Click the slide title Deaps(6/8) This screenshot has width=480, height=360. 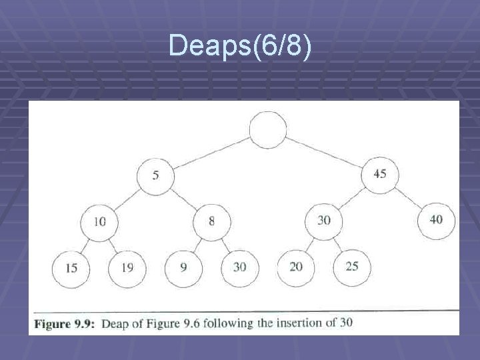[x=239, y=46]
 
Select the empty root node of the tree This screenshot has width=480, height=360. [x=268, y=129]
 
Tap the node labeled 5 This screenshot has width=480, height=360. [x=155, y=176]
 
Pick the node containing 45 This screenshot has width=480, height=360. [x=380, y=175]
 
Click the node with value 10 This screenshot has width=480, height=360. [x=99, y=222]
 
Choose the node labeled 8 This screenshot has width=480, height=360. [x=211, y=221]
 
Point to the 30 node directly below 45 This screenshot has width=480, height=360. [x=324, y=221]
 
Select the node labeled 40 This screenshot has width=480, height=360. [x=436, y=220]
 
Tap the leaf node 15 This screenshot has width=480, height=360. [x=71, y=268]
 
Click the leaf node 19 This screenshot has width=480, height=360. [x=127, y=268]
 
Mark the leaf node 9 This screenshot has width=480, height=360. [x=183, y=267]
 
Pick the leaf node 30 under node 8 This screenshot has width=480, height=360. [x=239, y=267]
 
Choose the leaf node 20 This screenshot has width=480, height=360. [x=296, y=267]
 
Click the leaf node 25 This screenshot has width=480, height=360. [x=352, y=267]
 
